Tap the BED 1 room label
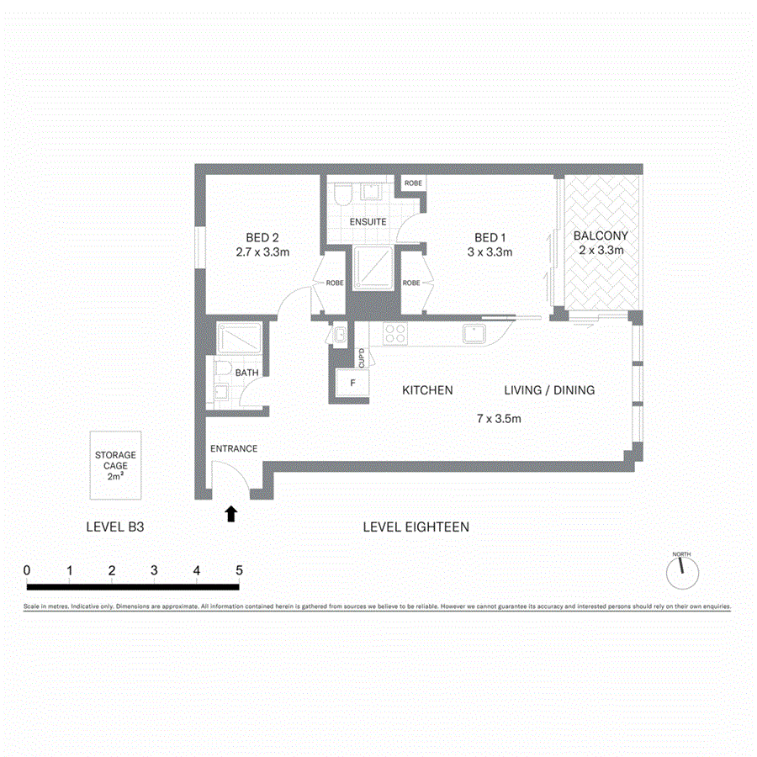(x=490, y=237)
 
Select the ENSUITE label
(x=368, y=222)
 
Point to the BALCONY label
(x=600, y=236)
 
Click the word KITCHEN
(x=427, y=390)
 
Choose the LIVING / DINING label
(x=549, y=390)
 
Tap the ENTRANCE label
(x=234, y=448)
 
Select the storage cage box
(x=115, y=465)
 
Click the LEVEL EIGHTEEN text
(x=416, y=527)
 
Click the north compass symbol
(x=682, y=572)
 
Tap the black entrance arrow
(x=231, y=513)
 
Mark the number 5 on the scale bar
(x=239, y=570)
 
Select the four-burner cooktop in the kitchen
(x=394, y=334)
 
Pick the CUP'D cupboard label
(x=362, y=357)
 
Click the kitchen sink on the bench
(x=476, y=333)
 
